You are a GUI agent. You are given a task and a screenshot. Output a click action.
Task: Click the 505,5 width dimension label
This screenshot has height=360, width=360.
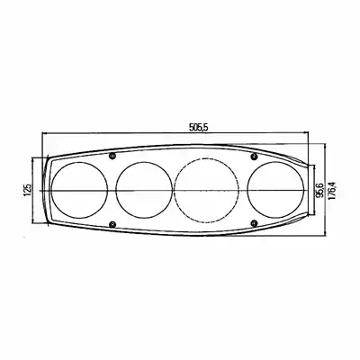tap(198, 128)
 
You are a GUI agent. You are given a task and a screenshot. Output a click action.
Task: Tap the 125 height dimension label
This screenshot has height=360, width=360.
tap(28, 190)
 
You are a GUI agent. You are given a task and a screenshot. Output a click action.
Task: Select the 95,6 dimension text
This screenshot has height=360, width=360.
tap(319, 191)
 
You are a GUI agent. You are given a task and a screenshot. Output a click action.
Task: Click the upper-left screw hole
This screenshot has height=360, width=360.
tap(112, 155)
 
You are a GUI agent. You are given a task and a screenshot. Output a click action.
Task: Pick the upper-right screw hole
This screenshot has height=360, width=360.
tap(255, 156)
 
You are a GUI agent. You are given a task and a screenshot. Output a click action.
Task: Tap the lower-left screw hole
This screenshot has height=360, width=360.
tap(112, 224)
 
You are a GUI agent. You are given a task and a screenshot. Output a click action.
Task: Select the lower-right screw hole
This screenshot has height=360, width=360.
tap(255, 222)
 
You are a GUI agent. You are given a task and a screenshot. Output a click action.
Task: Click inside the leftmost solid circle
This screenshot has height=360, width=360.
tap(79, 190)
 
